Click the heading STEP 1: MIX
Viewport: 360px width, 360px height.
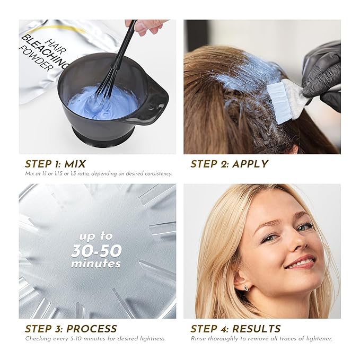tap(55, 164)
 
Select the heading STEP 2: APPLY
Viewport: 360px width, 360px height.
tap(229, 164)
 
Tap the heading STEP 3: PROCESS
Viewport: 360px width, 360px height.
tap(71, 329)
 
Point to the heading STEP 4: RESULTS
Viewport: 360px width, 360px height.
tap(235, 329)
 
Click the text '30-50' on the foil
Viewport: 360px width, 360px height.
tap(96, 251)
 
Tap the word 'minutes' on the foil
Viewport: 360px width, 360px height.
tap(96, 264)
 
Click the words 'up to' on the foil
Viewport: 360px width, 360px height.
tap(96, 236)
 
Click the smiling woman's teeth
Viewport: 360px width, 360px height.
tap(301, 261)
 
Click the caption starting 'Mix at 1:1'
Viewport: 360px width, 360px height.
tap(98, 173)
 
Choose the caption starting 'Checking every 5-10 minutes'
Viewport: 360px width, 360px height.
tap(95, 338)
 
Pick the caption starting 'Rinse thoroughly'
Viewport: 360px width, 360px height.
tap(261, 338)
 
